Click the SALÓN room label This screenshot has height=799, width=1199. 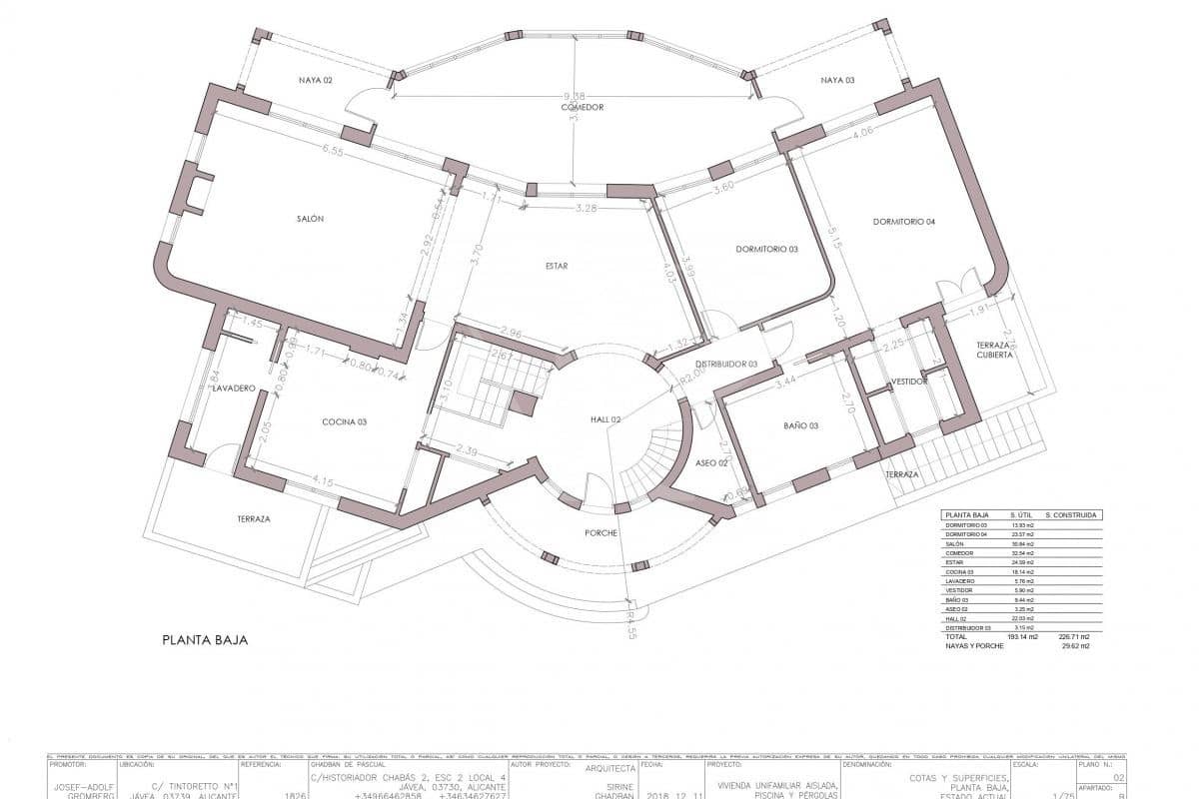[310, 219]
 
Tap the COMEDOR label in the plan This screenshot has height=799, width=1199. [582, 107]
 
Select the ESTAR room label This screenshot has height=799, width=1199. [557, 266]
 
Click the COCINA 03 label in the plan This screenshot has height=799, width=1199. [344, 421]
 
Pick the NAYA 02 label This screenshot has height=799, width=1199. [314, 80]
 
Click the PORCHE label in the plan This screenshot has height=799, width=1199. [601, 532]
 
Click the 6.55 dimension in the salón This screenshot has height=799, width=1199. [333, 152]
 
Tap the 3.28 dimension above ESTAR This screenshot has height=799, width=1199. [587, 209]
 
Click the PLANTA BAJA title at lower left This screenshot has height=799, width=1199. [204, 639]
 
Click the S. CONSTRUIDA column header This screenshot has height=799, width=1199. [1070, 515]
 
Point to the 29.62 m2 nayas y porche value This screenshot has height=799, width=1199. [1075, 646]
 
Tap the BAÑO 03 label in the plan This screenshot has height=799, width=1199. [800, 426]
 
